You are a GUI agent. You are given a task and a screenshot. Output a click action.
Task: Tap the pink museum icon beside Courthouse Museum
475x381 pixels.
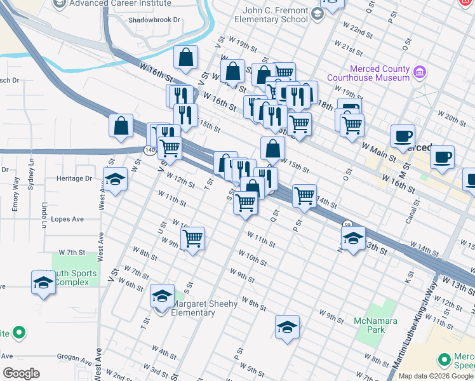pos(418,72)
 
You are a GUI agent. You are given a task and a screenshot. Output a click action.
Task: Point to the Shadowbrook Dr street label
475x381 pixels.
pos(154,20)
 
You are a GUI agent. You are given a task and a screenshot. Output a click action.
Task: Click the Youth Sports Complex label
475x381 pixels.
pos(76,278)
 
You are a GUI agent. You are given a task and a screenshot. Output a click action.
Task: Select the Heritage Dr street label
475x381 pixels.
pos(74,178)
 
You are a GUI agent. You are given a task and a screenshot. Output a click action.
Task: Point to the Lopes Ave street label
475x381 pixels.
pos(68,219)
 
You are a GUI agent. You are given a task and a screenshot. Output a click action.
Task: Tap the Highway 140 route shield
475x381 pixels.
pos(149,150)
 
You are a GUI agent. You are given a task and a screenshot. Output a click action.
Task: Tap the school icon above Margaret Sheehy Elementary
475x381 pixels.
pos(162,295)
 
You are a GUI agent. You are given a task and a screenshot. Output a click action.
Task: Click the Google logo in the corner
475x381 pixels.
pos(21,373)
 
